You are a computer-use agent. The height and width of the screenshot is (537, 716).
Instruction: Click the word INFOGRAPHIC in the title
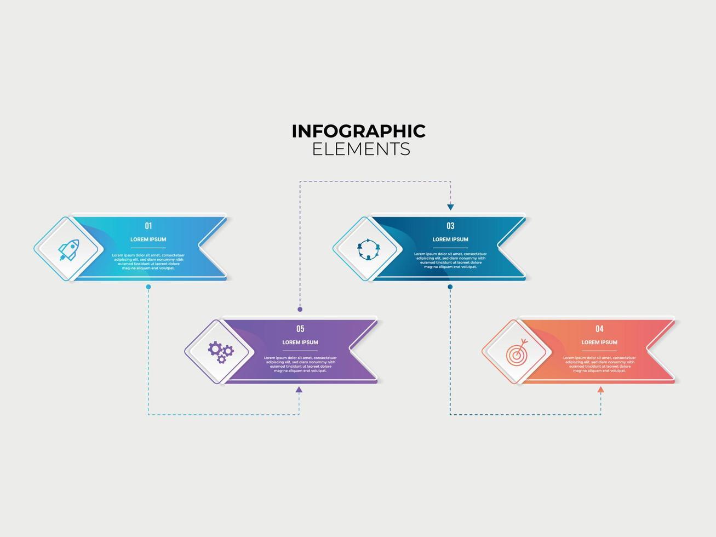coord(358,132)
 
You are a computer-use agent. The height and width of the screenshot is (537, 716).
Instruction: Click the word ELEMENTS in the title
coord(361,149)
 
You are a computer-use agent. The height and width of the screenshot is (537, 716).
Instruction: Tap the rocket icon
coord(68,250)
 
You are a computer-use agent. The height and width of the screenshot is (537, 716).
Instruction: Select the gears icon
coord(220,351)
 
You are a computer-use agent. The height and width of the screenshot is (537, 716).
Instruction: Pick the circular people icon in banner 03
coord(368,249)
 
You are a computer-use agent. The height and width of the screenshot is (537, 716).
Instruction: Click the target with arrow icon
coord(517,352)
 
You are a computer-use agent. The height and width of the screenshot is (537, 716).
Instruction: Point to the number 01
coord(148,226)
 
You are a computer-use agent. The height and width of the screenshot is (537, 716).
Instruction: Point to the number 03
coord(450,226)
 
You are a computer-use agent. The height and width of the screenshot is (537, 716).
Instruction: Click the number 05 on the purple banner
coord(300,329)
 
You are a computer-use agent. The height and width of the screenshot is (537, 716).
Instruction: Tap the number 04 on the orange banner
coord(599,329)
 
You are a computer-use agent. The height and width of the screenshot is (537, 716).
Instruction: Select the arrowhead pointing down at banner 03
coord(450,207)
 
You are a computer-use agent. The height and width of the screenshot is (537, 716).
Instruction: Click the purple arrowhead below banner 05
coord(299,390)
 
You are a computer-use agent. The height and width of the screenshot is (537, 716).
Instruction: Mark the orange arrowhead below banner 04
coord(600,390)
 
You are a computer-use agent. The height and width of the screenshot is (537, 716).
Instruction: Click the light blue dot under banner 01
coord(148,287)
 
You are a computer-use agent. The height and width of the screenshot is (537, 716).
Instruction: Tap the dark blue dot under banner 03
coord(450,287)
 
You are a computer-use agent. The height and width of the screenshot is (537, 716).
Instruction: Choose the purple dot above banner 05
coord(300,310)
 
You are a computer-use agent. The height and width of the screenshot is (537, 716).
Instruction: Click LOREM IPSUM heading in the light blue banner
coord(148,239)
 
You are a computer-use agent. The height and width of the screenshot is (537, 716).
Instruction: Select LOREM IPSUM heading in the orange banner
coord(599,342)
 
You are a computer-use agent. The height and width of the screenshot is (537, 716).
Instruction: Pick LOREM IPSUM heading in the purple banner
coord(300,342)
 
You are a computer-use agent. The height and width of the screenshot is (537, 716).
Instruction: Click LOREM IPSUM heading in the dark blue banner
coord(450,239)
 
